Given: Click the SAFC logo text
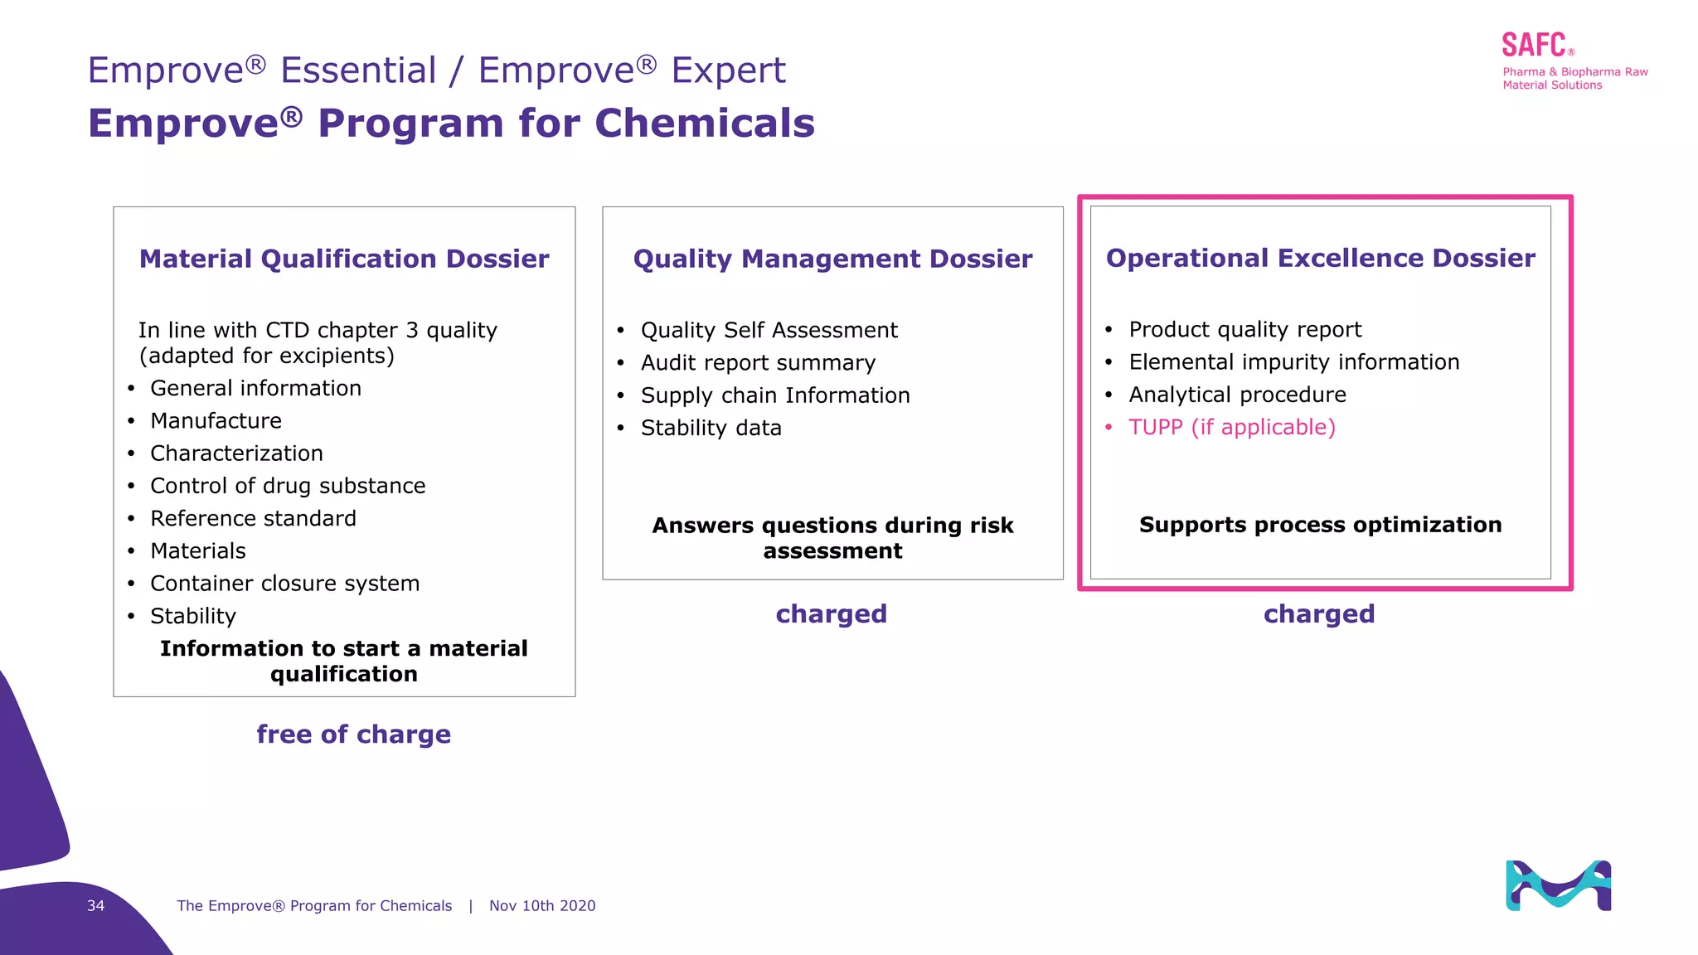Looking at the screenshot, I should [1534, 45].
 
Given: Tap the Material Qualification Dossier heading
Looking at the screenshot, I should [344, 259].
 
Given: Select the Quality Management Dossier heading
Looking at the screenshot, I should [832, 259].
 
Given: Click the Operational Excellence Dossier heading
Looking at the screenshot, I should [1320, 258].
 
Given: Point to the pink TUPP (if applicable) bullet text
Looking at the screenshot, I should [1231, 427].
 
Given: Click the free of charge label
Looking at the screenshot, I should [353, 734].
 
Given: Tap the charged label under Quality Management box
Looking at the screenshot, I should [831, 613].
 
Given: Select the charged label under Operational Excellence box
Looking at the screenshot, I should [1318, 613].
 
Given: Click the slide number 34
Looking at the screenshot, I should [95, 905].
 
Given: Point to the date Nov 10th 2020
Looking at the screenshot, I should [542, 905].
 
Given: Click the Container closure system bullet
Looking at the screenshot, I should [284, 584].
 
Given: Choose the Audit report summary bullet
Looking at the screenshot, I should [758, 363].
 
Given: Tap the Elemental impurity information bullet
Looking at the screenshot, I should [1293, 362].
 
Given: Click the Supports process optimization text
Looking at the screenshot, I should [1320, 525].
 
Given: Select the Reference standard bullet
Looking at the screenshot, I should [253, 519].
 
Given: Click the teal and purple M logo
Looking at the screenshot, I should [1558, 885].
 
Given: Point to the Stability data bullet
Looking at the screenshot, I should [711, 428].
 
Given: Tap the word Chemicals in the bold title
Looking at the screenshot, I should [704, 124].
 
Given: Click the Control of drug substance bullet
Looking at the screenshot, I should [288, 486].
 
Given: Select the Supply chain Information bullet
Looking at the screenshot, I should [774, 395].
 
